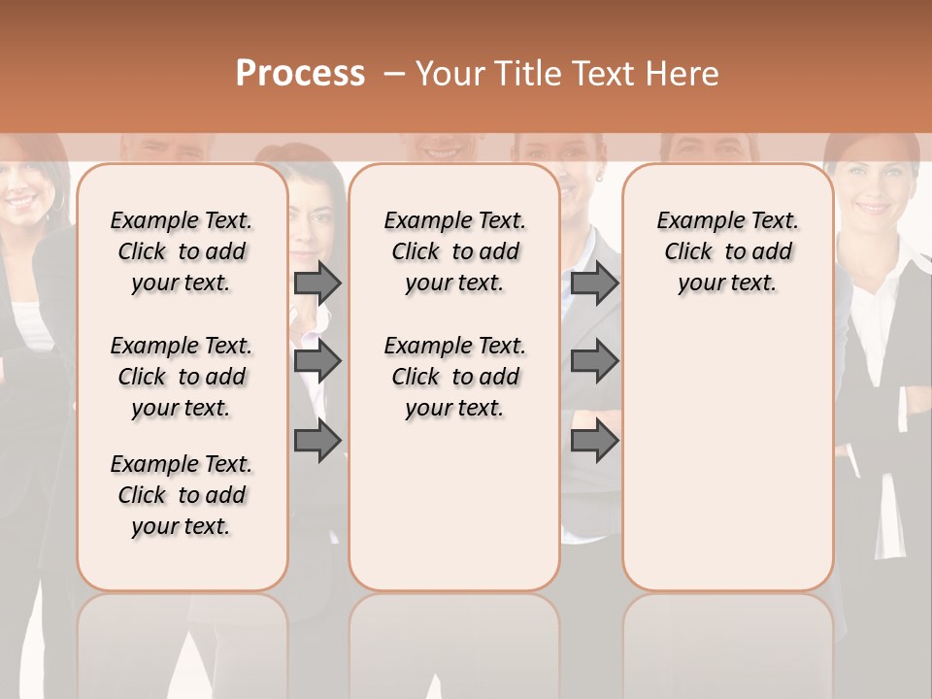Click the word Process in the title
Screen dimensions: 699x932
(300, 74)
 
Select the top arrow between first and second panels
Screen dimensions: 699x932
(317, 283)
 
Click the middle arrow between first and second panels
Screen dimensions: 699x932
(317, 361)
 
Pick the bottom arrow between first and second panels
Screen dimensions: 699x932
(317, 441)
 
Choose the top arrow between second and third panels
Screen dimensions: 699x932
(594, 283)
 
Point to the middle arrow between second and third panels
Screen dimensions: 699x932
(594, 361)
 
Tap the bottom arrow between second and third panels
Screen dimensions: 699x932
(594, 441)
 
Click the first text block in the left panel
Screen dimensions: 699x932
(182, 251)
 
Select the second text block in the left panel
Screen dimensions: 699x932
(182, 377)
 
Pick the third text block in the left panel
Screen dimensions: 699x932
(182, 495)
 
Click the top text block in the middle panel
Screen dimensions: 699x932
(454, 251)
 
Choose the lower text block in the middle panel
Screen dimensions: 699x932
(454, 377)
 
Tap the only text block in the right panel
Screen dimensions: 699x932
(727, 251)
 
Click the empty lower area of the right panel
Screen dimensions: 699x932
(727, 456)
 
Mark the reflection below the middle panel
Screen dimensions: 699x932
(454, 641)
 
